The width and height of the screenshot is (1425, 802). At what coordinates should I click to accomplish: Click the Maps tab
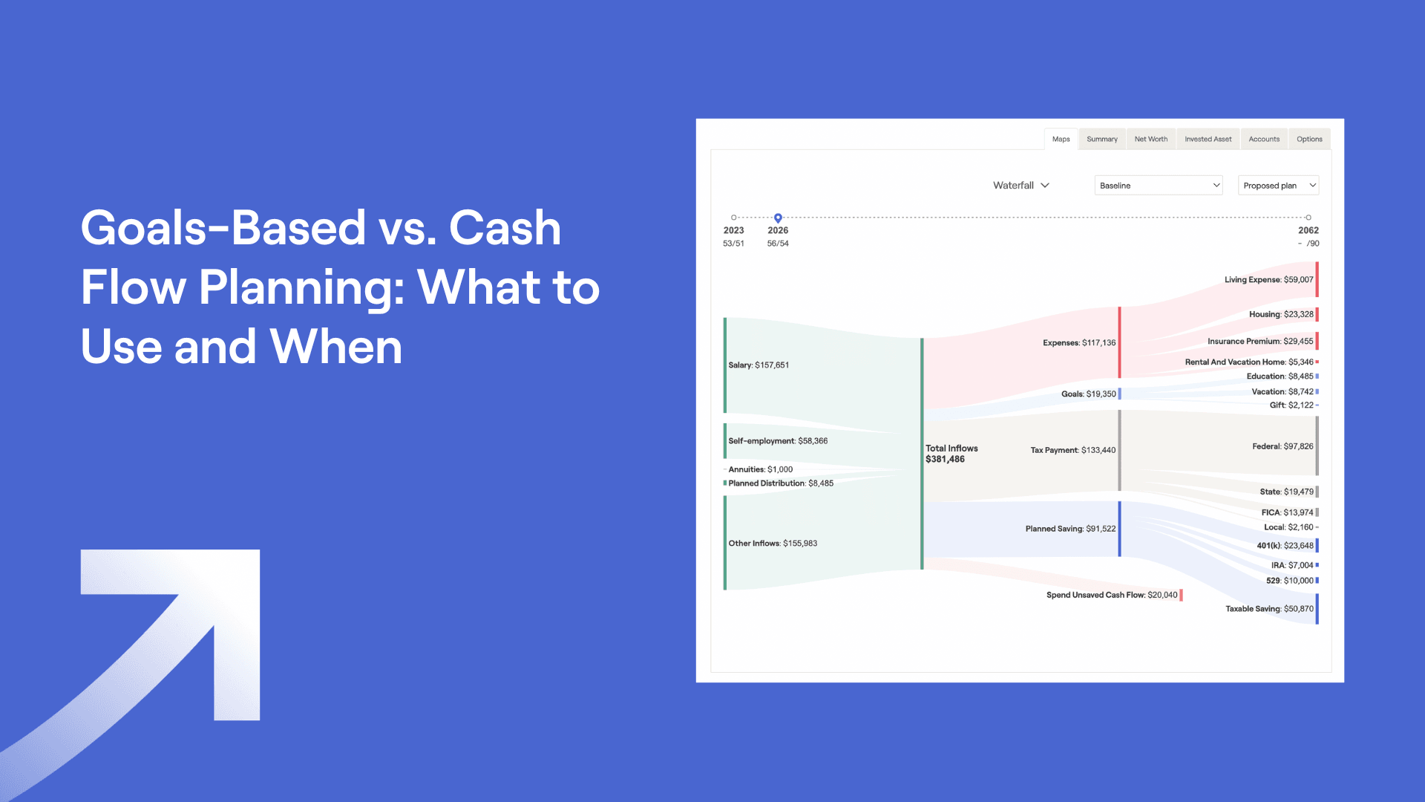click(x=1061, y=139)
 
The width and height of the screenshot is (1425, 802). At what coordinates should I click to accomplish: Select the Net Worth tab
click(x=1150, y=139)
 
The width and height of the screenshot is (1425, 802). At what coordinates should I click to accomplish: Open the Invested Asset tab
click(x=1208, y=139)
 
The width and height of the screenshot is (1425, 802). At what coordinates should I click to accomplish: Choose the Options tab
click(x=1309, y=139)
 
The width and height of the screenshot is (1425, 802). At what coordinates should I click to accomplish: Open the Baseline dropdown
click(x=1159, y=186)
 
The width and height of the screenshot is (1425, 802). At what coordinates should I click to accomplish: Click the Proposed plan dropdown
click(x=1278, y=186)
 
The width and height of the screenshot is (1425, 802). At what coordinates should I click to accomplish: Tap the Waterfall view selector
click(x=1021, y=186)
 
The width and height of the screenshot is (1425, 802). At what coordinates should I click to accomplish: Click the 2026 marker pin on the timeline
click(x=778, y=218)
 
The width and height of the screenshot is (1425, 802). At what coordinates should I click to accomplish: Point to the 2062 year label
click(x=1308, y=230)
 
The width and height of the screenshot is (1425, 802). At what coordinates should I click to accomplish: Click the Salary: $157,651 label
click(x=759, y=365)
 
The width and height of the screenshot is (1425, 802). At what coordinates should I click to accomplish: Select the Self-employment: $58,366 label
click(x=778, y=441)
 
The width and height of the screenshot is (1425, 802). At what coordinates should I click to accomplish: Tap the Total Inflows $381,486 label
click(x=951, y=454)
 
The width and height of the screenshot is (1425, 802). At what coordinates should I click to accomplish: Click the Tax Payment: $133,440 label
click(x=1072, y=450)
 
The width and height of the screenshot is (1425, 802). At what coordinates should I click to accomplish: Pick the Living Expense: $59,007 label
click(x=1268, y=280)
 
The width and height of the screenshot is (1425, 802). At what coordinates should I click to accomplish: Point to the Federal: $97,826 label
click(x=1282, y=446)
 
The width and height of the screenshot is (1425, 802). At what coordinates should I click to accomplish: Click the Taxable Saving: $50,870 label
click(x=1269, y=609)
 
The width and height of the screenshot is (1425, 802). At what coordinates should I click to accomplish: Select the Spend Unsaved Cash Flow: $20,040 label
click(x=1112, y=595)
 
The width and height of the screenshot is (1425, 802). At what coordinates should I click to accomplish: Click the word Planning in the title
click(x=301, y=287)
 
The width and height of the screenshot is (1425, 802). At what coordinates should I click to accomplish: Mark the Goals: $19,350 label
click(x=1088, y=394)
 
